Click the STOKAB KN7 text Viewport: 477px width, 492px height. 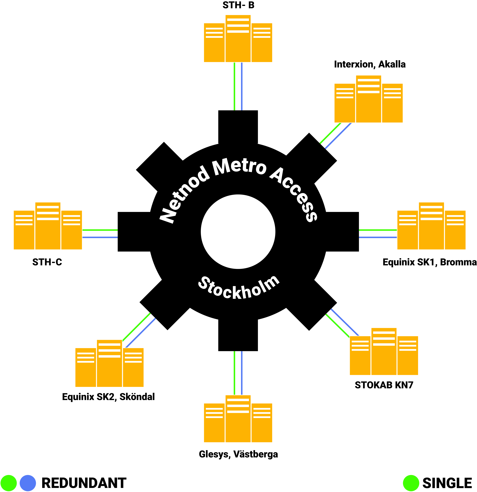pyautogui.click(x=384, y=385)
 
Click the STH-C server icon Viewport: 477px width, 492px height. pyautogui.click(x=48, y=226)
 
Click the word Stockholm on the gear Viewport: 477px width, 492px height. pyautogui.click(x=239, y=289)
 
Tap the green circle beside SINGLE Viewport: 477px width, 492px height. pyautogui.click(x=411, y=483)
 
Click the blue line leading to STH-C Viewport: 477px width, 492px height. pyautogui.click(x=100, y=237)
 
